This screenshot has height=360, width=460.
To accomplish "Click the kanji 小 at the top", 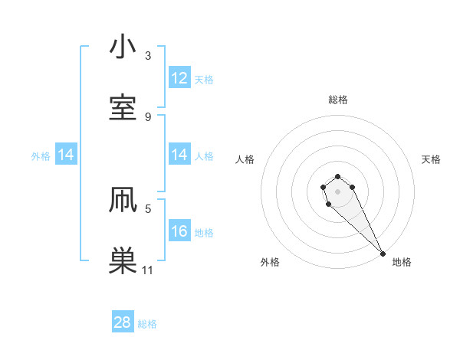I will point(123,47).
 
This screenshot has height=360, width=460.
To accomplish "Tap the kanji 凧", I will point(123,200).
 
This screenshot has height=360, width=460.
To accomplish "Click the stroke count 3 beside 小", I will point(148,56).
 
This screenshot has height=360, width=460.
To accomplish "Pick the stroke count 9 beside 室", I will point(148,116).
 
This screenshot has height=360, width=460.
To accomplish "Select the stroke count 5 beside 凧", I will point(148,208).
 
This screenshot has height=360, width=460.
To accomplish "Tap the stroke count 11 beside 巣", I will point(148,270).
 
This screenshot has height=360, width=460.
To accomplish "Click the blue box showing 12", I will point(179,78).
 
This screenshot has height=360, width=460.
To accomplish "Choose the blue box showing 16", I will point(179,231).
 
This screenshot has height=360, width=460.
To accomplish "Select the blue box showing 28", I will point(123,322).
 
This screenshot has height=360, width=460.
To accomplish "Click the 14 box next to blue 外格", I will point(66,155).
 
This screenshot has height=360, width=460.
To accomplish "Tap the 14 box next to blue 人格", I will point(179,155).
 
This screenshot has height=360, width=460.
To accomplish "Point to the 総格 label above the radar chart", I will point(338,100).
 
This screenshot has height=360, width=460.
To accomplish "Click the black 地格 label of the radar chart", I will point(402,262).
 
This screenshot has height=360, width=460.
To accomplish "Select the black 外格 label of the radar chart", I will point(270,262).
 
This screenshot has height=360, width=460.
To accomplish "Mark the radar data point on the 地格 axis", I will point(383,254).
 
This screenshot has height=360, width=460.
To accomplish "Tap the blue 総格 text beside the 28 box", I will point(147,324).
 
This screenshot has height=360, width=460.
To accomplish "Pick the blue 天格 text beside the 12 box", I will point(204,80).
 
